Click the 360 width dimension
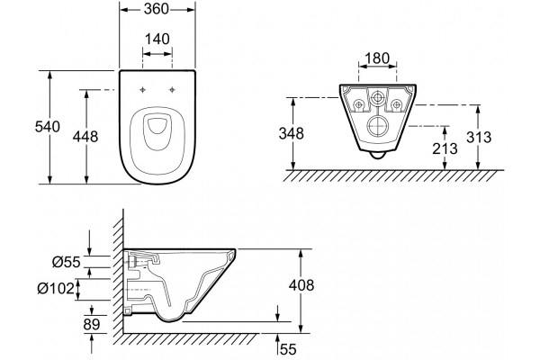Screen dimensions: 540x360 [x=157, y=9]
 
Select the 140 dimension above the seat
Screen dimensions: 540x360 [x=157, y=39]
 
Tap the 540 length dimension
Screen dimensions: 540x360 [x=48, y=127]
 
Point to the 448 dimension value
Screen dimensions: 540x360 [x=85, y=137]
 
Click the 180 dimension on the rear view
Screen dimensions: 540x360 [x=377, y=58]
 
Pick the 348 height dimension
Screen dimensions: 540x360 [x=292, y=134]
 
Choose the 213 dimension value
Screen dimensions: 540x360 [x=445, y=148]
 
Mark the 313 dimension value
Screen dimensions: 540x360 [x=479, y=137]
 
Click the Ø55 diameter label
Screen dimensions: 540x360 [x=67, y=263]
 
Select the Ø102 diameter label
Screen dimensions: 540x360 [x=56, y=289]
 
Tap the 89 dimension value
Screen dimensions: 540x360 [x=92, y=324]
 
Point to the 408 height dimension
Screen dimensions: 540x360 [x=301, y=285]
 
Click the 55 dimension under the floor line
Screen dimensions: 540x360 [x=288, y=349]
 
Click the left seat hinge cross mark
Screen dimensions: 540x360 [x=142, y=90]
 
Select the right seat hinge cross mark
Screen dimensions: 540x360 [x=172, y=90]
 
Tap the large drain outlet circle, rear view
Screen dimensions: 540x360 [x=377, y=126]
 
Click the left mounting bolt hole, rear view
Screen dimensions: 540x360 [x=359, y=103]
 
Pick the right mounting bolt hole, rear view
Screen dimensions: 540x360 [x=396, y=103]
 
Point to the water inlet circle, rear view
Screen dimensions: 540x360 [x=377, y=98]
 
